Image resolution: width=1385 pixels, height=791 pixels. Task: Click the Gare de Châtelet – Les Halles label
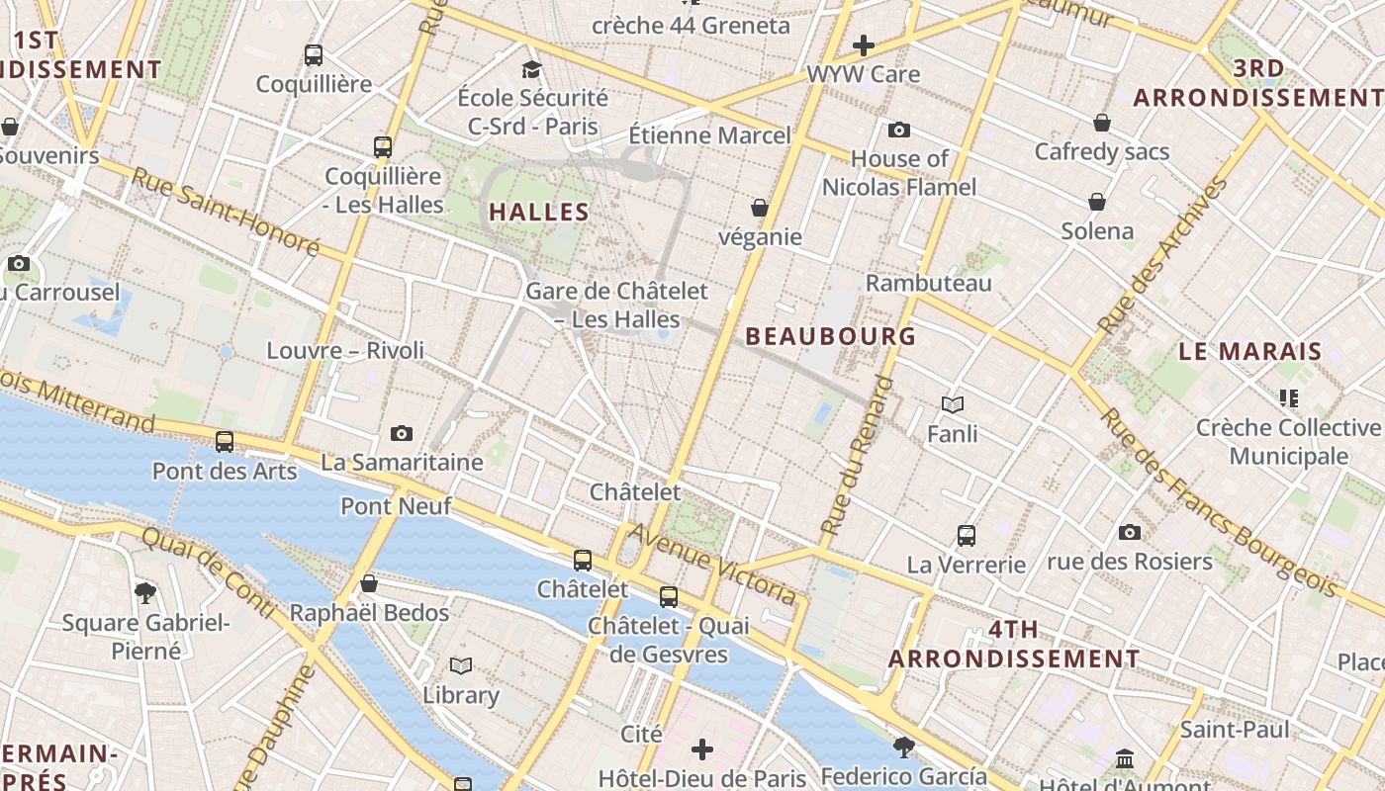pos(616,305)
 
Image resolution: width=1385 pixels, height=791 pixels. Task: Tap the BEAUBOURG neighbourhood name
pos(830,336)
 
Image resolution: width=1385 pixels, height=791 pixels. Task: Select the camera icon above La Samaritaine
pos(402,433)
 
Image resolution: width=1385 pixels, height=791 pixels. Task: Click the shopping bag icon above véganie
pos(759,208)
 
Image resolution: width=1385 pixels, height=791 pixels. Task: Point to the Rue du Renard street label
pos(856,457)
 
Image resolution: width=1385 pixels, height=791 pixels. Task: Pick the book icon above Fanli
pos(953,404)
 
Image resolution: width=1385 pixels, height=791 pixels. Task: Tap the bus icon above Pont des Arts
pos(225,442)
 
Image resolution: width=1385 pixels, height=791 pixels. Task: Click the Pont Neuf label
pos(396,506)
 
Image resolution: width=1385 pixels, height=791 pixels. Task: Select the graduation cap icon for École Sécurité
pos(532,69)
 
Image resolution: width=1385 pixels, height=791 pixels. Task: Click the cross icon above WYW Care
pos(863,45)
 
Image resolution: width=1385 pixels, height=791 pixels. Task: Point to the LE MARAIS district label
pos(1249,351)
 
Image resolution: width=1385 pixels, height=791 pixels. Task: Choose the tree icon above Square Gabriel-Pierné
pos(145,593)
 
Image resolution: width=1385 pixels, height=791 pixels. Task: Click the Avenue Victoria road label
pos(711,564)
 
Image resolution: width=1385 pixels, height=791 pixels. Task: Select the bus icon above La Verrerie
pos(967,536)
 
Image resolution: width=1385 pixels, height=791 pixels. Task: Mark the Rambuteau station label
pos(928,284)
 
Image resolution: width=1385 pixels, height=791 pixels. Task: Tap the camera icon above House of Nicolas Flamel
pos(898,130)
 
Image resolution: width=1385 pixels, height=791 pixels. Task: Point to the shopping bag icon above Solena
pos(1097,202)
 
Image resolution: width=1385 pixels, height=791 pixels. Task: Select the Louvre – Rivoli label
pos(345,351)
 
